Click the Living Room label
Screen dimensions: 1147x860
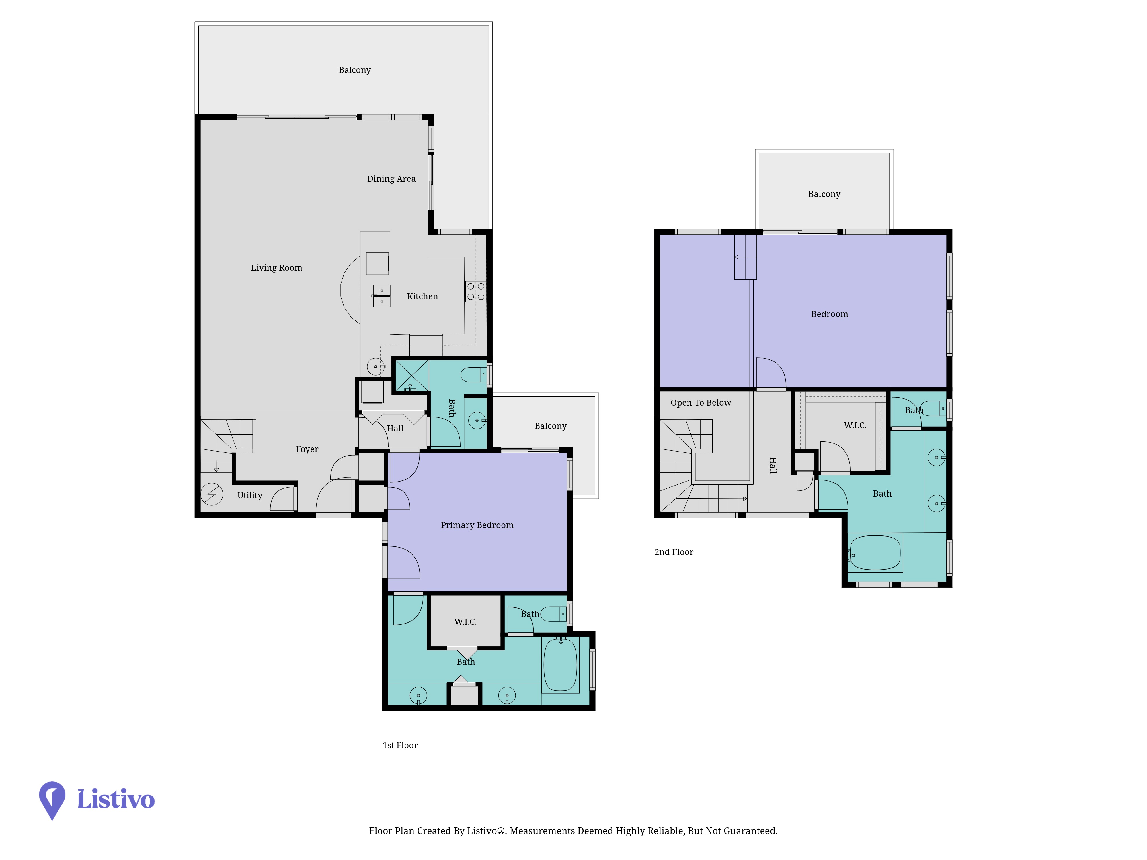tap(276, 267)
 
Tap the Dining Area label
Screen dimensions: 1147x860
tap(391, 179)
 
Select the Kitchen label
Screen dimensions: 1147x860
tap(422, 296)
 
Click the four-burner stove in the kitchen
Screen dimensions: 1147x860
tap(475, 291)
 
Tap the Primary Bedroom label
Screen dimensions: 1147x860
tap(477, 525)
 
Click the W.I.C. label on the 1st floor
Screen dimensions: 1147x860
tap(465, 621)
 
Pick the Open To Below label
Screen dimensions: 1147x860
tap(701, 403)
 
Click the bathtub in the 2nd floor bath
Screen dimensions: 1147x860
tap(875, 553)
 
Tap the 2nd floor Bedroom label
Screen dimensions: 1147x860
tap(829, 314)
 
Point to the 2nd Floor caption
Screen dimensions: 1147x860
tap(674, 552)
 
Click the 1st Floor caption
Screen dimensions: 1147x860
tap(400, 745)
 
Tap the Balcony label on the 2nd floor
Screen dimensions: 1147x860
tap(824, 194)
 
